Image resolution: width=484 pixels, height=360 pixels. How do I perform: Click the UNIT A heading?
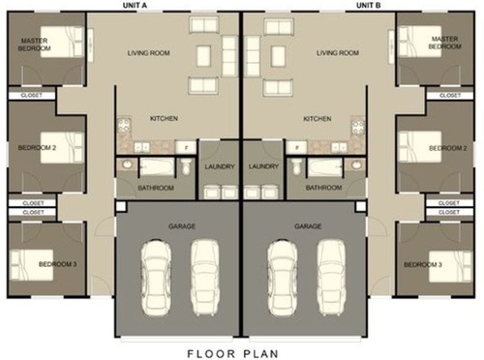(x=135, y=6)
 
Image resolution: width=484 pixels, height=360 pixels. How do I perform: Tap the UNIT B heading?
(x=368, y=6)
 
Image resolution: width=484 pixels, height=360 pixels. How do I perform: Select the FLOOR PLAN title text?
(x=233, y=353)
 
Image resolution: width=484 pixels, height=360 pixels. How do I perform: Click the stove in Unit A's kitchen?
(x=124, y=125)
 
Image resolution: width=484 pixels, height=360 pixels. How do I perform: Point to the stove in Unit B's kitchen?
(x=358, y=127)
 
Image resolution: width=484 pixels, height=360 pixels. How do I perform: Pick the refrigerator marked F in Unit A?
(x=186, y=148)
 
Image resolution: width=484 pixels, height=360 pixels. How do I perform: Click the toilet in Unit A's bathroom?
(x=186, y=166)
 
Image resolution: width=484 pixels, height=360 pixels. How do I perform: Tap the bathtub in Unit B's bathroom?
(x=325, y=167)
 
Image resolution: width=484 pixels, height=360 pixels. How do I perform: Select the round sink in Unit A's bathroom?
(x=126, y=165)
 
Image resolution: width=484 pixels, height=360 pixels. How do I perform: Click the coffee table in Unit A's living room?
(x=203, y=56)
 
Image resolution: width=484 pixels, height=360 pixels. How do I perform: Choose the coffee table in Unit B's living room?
(x=278, y=56)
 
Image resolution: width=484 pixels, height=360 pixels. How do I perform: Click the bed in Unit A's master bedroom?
(x=62, y=42)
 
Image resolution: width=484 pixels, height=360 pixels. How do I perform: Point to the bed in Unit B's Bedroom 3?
(x=450, y=266)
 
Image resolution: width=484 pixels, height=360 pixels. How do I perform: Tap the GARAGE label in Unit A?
(x=182, y=226)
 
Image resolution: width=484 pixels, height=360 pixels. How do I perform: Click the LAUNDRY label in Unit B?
(x=263, y=166)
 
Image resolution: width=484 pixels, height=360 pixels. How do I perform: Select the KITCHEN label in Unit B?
(x=318, y=119)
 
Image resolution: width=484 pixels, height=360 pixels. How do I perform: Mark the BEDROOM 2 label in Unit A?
(x=37, y=148)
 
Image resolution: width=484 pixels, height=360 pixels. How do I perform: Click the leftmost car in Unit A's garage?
(x=156, y=278)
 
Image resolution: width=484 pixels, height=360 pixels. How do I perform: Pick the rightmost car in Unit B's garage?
(x=332, y=278)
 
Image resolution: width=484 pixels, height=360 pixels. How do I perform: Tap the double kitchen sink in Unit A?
(x=141, y=148)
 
